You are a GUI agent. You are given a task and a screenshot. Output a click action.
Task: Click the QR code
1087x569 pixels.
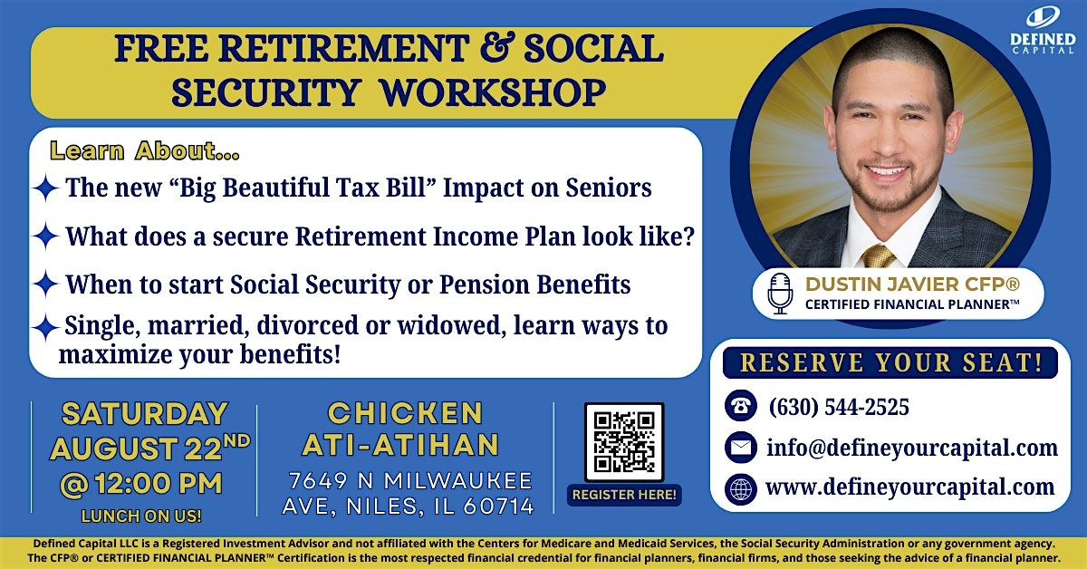[x=624, y=442]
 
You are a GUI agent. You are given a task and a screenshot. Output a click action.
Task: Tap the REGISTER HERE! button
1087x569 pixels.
[x=624, y=495]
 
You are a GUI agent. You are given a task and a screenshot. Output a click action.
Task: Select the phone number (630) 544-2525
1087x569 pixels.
[x=839, y=407]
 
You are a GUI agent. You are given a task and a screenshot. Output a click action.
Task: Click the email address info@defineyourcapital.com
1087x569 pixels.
[x=912, y=448]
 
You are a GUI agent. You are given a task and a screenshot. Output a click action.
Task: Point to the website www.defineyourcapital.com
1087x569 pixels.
[x=909, y=487]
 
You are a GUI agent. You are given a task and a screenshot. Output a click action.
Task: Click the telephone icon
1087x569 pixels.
[x=741, y=405]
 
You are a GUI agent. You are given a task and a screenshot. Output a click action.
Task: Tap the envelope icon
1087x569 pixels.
[x=741, y=448]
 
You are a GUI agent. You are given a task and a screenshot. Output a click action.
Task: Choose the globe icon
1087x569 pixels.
[x=741, y=489]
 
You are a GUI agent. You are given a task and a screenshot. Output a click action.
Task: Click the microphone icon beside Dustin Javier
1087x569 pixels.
[x=780, y=293]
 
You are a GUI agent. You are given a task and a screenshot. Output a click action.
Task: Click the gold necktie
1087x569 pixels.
[x=879, y=256]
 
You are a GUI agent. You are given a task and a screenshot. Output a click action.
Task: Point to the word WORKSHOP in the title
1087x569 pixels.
[x=493, y=92]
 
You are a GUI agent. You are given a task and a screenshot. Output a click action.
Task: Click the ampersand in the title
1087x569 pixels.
[x=496, y=48]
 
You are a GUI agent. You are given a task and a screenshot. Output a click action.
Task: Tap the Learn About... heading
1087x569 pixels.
[x=145, y=151]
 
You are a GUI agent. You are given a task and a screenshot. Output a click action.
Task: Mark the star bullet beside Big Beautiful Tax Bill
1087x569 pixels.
[x=46, y=188]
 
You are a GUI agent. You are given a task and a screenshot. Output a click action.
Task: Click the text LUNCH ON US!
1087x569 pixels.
[x=141, y=516]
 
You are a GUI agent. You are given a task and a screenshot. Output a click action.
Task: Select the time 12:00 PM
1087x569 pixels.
[x=159, y=484]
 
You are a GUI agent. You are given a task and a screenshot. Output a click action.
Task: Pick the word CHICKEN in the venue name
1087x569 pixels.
[x=405, y=413]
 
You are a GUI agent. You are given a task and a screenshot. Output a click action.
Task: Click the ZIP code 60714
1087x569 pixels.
[x=498, y=506]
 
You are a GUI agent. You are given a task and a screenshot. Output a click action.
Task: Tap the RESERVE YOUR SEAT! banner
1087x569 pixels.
[x=890, y=362]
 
